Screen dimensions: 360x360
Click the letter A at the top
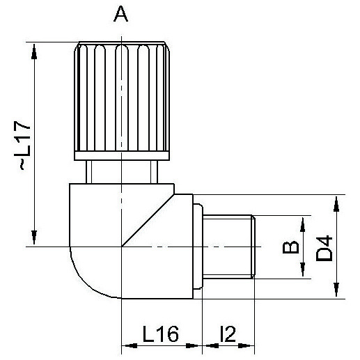click(x=120, y=14)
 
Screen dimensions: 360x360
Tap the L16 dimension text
click(x=161, y=334)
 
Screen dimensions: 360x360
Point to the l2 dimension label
click(x=228, y=334)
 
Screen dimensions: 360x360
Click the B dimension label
click(x=290, y=247)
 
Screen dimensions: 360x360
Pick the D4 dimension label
click(x=324, y=249)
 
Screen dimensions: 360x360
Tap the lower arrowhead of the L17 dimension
click(x=34, y=237)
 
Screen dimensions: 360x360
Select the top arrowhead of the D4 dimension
click(x=336, y=204)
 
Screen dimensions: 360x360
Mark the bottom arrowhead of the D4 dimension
click(x=336, y=290)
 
